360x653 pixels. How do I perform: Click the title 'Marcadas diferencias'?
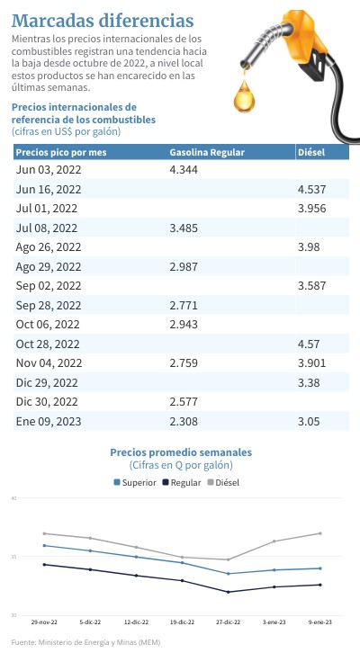click(x=103, y=21)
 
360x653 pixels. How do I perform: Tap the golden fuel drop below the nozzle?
click(x=244, y=97)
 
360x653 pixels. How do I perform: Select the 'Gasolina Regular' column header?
click(x=207, y=152)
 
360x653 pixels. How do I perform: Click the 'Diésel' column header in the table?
click(x=311, y=152)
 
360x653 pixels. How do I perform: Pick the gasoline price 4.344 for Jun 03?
click(x=184, y=170)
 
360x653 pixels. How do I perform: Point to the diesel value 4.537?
click(x=312, y=190)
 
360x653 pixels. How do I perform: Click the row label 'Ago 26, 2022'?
click(x=49, y=247)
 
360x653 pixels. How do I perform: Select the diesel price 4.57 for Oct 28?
click(x=309, y=344)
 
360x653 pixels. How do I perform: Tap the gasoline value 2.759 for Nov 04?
click(x=184, y=363)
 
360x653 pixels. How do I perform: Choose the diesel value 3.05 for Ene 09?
click(x=309, y=422)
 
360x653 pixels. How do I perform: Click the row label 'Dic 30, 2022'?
click(x=47, y=402)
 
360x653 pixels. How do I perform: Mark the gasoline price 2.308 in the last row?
click(x=184, y=422)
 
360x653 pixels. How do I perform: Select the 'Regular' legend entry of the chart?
click(x=182, y=483)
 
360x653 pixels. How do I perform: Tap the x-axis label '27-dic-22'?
click(x=229, y=622)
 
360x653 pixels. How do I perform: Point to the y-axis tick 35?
click(x=13, y=557)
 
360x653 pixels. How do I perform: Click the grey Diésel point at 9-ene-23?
click(x=320, y=533)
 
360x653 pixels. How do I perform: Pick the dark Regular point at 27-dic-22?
click(x=228, y=592)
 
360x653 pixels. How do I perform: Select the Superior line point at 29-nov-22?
click(x=44, y=546)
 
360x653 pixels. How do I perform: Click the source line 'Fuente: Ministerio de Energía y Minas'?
click(x=85, y=642)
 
